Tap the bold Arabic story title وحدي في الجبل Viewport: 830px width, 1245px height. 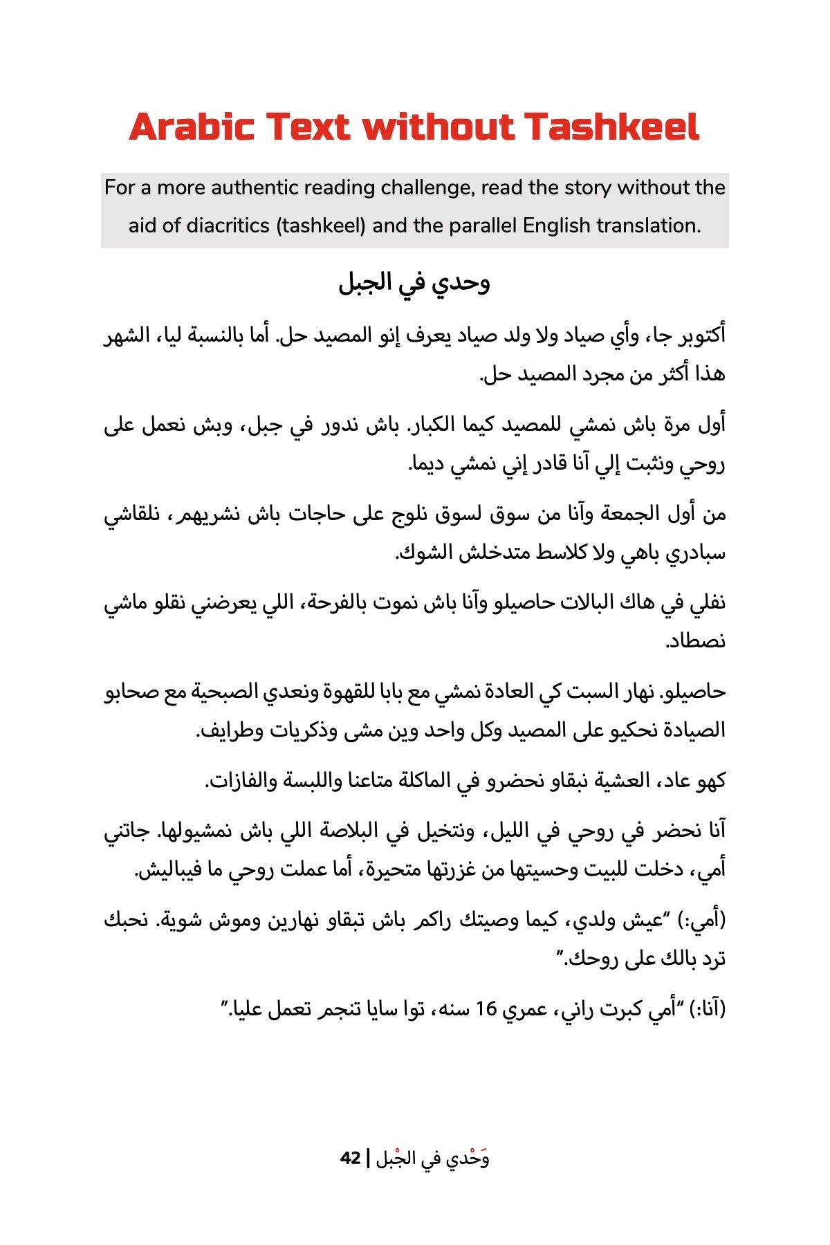tap(414, 283)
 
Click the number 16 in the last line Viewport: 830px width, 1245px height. tap(486, 1010)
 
